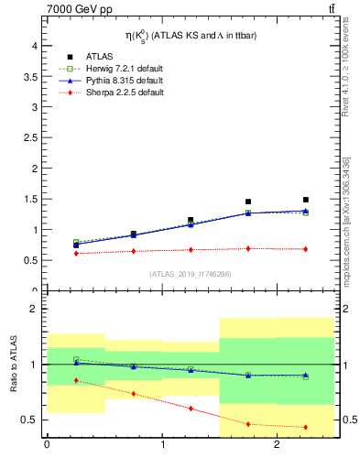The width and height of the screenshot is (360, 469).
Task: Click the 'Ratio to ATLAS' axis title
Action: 13,365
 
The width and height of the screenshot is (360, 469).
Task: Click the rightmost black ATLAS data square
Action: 306,200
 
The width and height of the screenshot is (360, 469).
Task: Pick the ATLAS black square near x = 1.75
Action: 248,202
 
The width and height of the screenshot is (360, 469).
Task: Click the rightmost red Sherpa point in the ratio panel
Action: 306,427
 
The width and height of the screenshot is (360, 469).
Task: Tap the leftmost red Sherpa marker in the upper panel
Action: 76,254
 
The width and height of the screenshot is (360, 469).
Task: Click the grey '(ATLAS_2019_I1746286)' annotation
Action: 190,274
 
